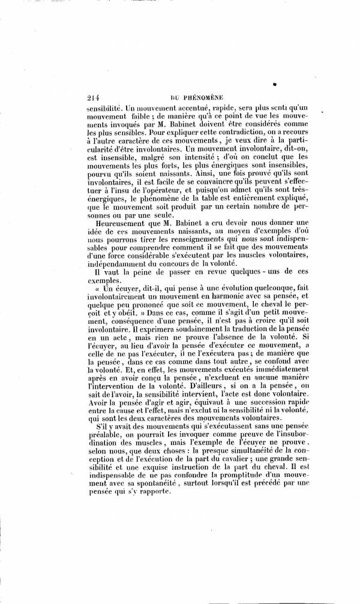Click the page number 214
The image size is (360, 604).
click(x=93, y=94)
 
